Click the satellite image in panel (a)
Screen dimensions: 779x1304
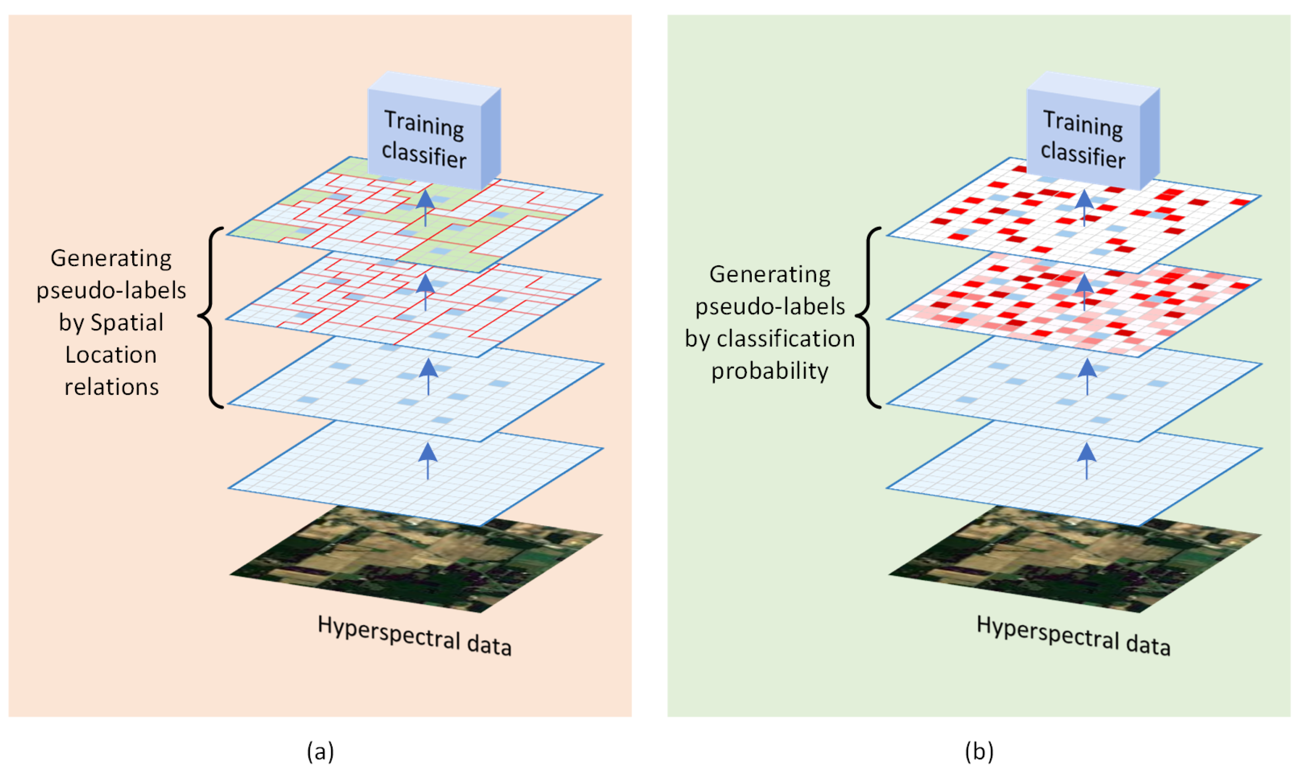[x=414, y=559]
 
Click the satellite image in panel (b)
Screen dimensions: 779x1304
[x=1073, y=559]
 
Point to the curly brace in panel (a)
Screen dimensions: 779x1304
[x=211, y=317]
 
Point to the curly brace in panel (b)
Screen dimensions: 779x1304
[x=870, y=317]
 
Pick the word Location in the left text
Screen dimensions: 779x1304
[x=111, y=356]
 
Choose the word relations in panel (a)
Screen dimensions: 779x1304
[x=111, y=387]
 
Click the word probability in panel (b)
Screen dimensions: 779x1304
[x=770, y=371]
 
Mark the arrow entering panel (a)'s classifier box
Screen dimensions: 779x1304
[x=425, y=207]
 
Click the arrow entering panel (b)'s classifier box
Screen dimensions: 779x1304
[x=1084, y=207]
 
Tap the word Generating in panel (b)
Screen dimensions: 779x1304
[x=770, y=275]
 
